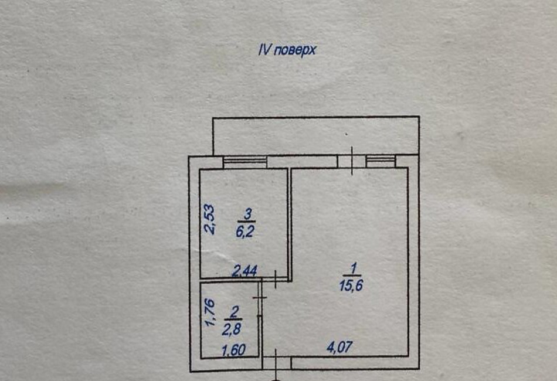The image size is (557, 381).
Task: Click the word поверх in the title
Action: [295, 50]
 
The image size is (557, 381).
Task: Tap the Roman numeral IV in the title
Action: [264, 50]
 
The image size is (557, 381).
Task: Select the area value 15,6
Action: [351, 285]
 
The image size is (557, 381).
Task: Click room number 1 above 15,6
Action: [353, 268]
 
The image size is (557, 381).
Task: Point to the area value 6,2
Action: [246, 231]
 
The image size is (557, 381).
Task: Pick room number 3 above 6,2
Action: [247, 214]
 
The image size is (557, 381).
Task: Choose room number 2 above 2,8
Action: [234, 313]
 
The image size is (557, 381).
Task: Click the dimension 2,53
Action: [209, 219]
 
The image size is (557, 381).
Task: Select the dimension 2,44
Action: [244, 271]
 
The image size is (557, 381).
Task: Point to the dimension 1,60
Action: [234, 351]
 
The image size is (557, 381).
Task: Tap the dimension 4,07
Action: [339, 347]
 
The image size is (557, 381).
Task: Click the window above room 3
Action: [244, 162]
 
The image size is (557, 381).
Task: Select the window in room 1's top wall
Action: [381, 161]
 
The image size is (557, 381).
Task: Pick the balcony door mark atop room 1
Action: [352, 161]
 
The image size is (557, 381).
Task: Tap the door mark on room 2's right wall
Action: [260, 298]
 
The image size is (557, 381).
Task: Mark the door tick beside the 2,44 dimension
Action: [276, 279]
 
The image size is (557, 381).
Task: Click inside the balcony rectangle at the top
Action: [316, 135]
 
